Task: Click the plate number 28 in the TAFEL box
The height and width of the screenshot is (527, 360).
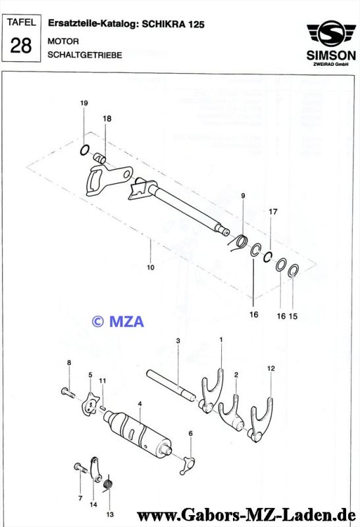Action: pos(21,45)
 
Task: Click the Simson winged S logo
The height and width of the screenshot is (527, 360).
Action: pos(331,34)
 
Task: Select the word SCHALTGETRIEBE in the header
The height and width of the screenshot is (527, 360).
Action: pos(85,55)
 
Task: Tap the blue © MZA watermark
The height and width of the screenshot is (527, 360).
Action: pos(118,321)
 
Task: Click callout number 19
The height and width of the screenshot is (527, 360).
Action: pos(84,103)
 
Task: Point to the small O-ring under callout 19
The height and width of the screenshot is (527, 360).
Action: pos(85,150)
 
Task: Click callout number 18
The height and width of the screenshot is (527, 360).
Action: pos(107,119)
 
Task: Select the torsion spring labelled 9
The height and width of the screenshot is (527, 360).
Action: pos(240,242)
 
